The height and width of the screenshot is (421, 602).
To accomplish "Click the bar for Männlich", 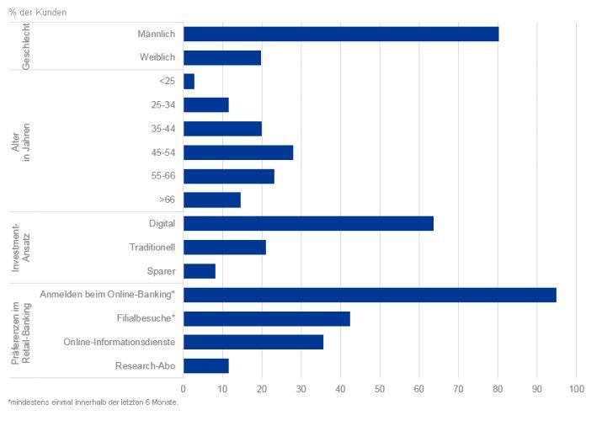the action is click(341, 35).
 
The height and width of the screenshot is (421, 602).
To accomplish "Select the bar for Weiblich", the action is click(222, 57).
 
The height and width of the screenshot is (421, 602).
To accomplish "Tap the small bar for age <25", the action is click(189, 82).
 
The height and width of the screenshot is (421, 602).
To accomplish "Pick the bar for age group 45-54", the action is click(238, 152).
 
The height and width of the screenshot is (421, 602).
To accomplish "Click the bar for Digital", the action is click(308, 223).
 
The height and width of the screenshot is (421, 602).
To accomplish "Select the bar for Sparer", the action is click(200, 271).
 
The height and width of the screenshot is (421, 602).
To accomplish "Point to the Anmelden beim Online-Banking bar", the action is click(370, 295).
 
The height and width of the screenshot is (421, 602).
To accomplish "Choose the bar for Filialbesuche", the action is click(267, 318).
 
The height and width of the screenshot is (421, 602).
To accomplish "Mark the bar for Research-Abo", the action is click(206, 365).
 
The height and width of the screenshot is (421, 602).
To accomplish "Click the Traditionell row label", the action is click(152, 248).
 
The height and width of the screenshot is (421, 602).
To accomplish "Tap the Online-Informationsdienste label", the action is click(120, 342).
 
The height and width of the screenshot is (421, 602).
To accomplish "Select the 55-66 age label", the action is click(163, 176).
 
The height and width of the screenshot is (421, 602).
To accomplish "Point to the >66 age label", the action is click(167, 200).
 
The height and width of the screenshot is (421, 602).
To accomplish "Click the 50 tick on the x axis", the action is click(380, 389).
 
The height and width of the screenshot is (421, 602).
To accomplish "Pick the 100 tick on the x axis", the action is click(576, 389).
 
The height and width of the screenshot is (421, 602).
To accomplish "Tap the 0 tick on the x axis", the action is click(184, 389).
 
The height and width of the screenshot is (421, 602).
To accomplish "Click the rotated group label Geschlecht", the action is click(26, 46).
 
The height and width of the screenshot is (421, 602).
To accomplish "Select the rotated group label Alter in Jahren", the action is click(21, 141).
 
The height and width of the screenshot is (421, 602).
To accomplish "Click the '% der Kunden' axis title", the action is click(38, 13).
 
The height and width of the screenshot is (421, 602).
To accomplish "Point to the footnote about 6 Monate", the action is click(93, 402).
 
